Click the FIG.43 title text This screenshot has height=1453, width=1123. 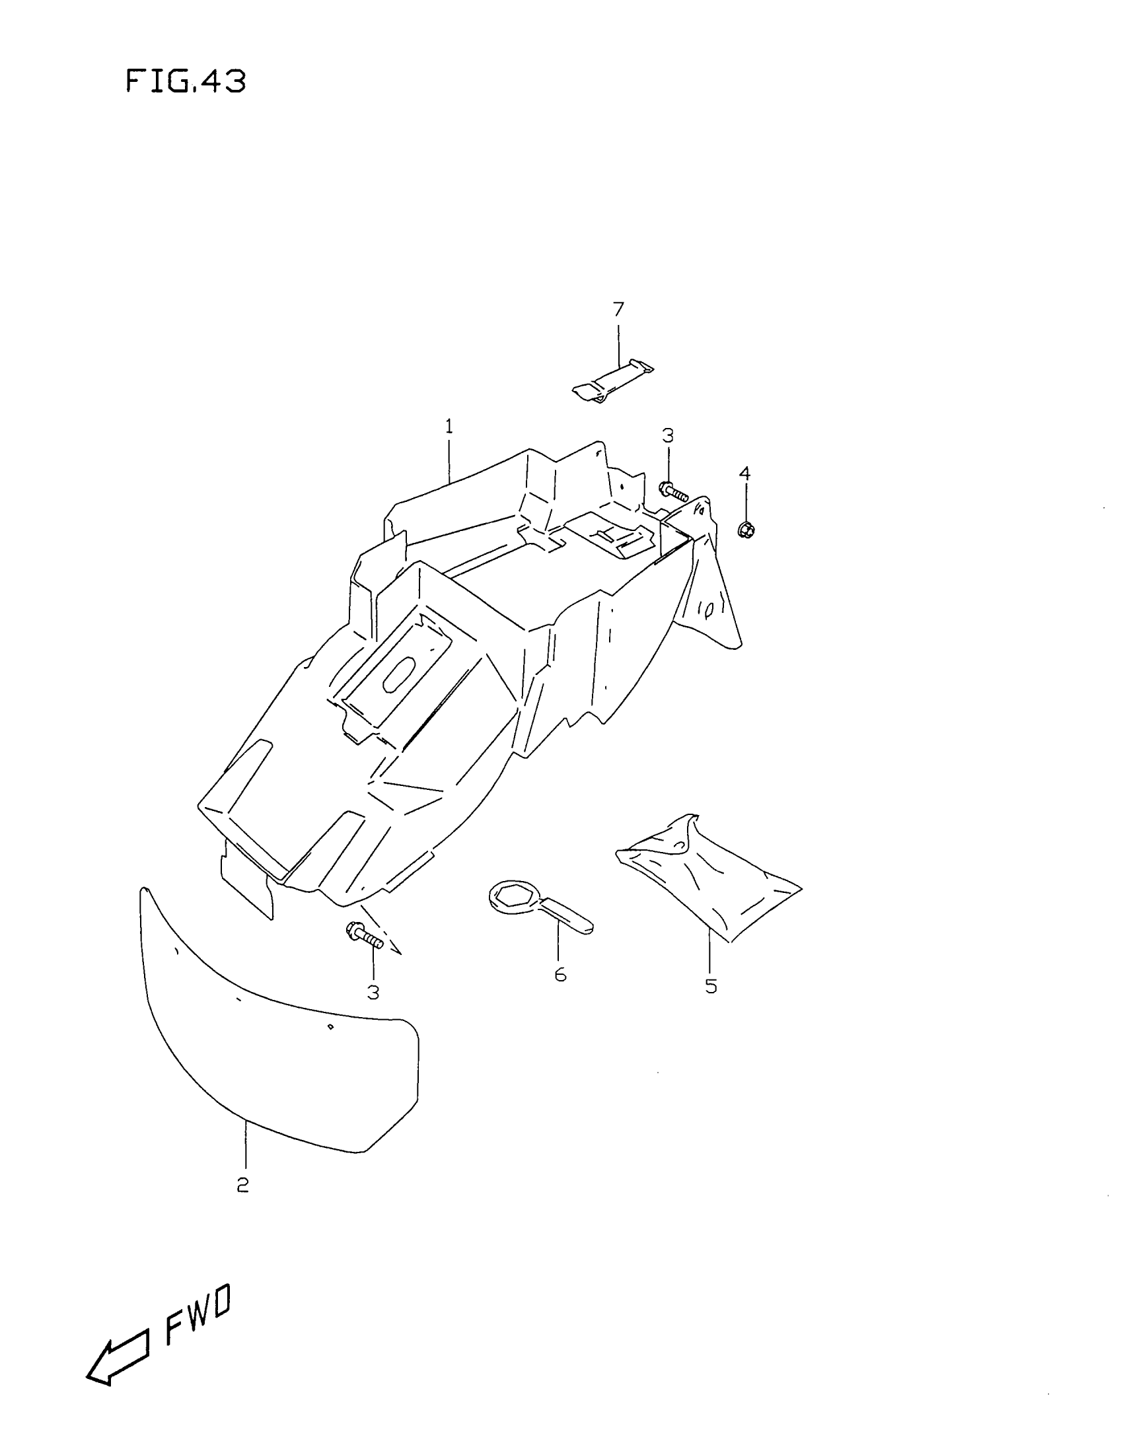(186, 82)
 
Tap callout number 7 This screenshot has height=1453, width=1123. (618, 308)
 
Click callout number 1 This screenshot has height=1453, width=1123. (449, 427)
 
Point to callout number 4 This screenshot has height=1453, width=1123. (744, 474)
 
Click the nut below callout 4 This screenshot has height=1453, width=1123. (745, 530)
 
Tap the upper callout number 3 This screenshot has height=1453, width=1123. (667, 436)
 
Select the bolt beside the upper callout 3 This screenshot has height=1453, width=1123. (672, 492)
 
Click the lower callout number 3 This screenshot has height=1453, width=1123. (373, 992)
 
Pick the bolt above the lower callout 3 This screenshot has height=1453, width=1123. (364, 935)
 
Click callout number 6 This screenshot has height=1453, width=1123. (560, 975)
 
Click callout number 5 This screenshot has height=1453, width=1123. (711, 985)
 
